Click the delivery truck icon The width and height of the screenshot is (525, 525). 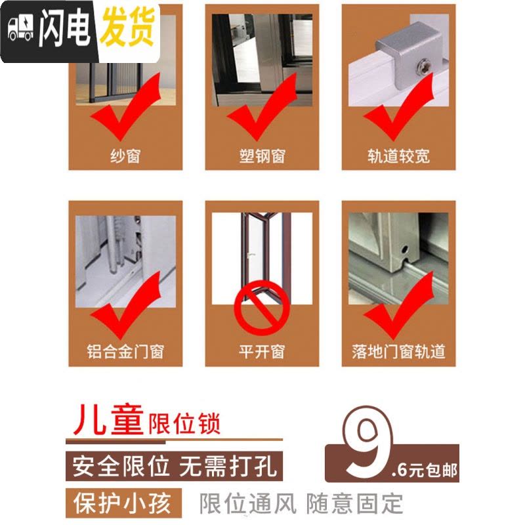pos(21,29)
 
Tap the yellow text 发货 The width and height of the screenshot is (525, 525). pos(128,27)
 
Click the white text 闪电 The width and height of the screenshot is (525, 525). pos(65,28)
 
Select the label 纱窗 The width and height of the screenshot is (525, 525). pos(125,156)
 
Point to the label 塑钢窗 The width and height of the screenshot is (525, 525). pos(262,156)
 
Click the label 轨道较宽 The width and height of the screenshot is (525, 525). pos(398,156)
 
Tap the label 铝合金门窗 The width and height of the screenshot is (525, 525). pos(125,352)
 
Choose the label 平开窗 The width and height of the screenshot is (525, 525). pos(262,352)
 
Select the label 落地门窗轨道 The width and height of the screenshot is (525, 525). pos(398,352)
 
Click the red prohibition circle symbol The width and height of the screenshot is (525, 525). pos(261,308)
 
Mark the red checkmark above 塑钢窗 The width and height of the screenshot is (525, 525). pos(262,106)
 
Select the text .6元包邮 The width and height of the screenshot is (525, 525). pos(424,470)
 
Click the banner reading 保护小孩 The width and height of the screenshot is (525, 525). pos(123,503)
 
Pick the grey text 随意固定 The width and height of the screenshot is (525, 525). pos(354,503)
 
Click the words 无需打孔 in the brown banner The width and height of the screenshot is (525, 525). pos(228,467)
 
